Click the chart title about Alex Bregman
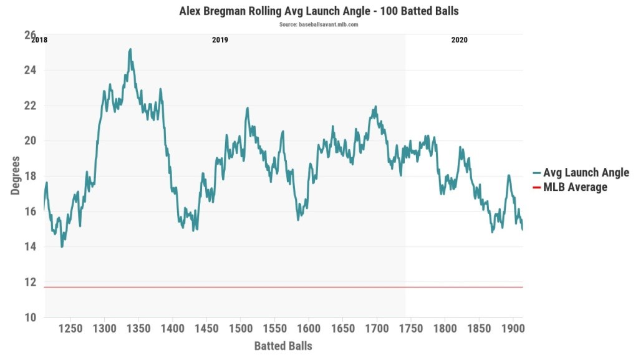[x=319, y=11]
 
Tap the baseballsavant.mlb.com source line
[x=319, y=25]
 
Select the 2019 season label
[x=220, y=40]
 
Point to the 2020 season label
[x=459, y=40]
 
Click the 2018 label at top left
[x=39, y=40]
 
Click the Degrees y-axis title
[x=16, y=176]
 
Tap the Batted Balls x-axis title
[x=283, y=345]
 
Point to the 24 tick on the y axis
[x=30, y=71]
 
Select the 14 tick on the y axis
[x=30, y=247]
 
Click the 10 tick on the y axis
[x=30, y=318]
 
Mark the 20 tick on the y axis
[x=30, y=141]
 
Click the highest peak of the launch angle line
[x=130, y=49]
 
